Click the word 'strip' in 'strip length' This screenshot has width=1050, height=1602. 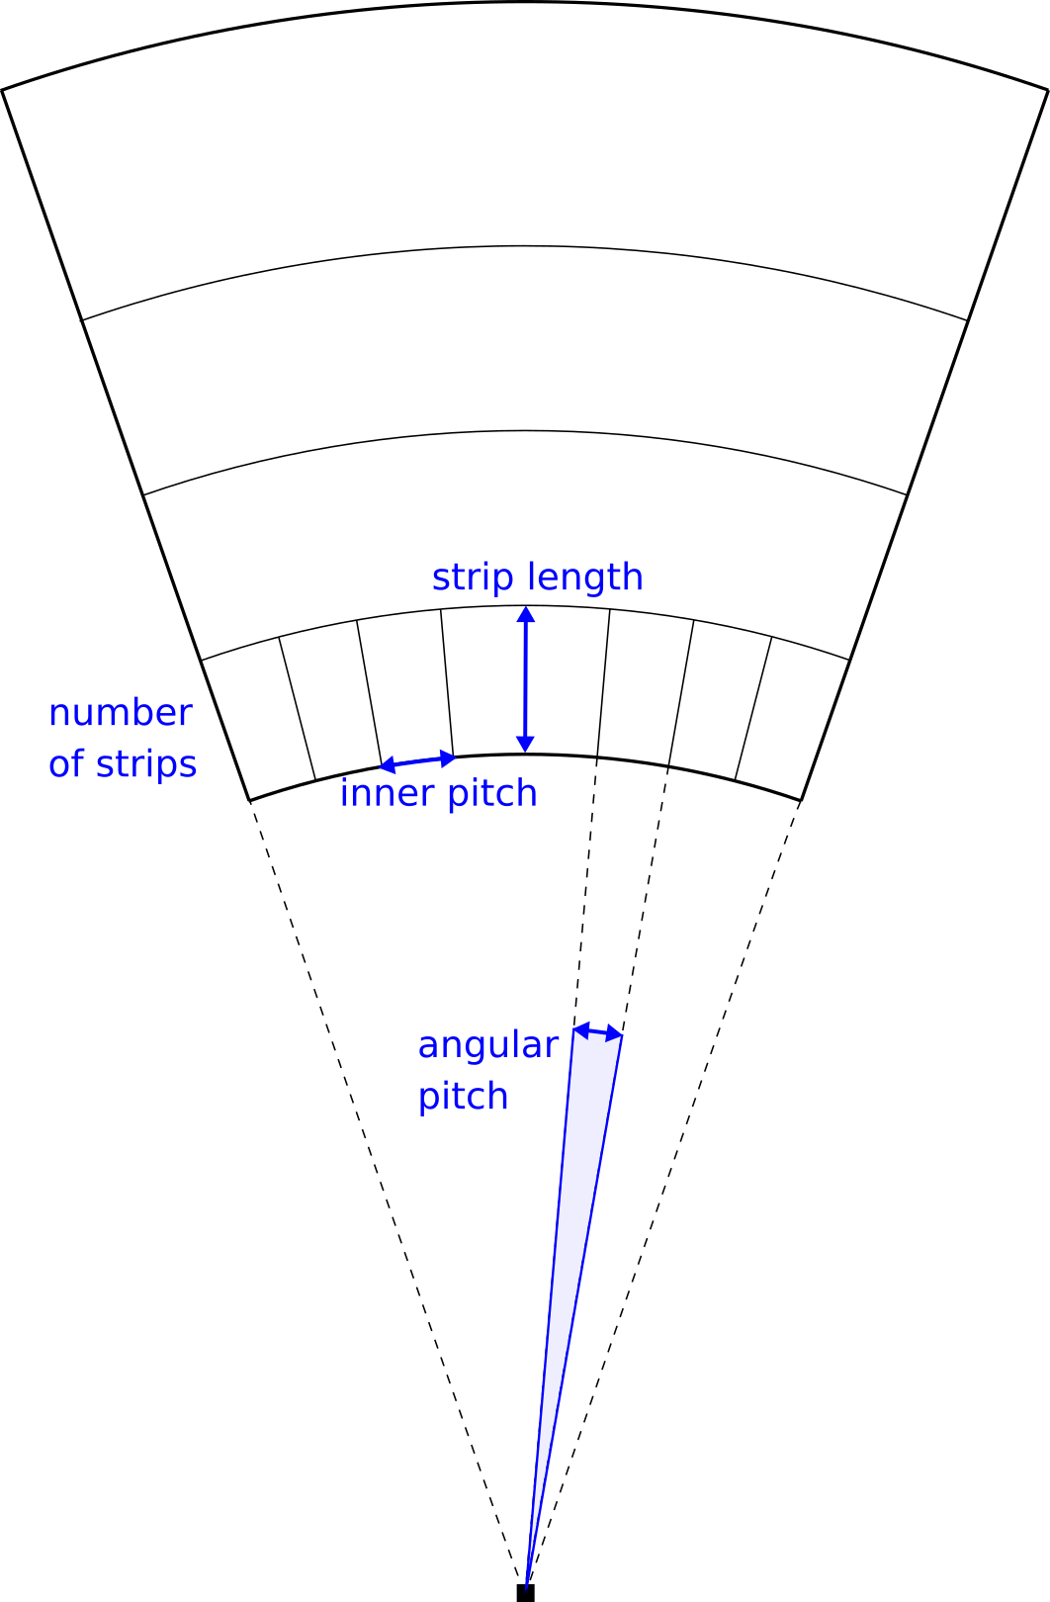[473, 578]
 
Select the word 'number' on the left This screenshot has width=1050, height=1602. [121, 712]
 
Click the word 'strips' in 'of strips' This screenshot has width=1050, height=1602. [146, 764]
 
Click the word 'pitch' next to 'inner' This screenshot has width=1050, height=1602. [492, 794]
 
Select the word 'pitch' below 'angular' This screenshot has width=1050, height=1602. [463, 1097]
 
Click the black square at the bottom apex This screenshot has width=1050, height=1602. [526, 1593]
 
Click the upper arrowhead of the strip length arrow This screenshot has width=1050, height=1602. [526, 614]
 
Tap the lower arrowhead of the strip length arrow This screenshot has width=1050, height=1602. [526, 744]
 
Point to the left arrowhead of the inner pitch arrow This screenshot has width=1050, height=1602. [387, 765]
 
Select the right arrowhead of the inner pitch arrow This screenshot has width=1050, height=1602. [448, 758]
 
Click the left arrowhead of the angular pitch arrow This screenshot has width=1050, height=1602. [580, 1029]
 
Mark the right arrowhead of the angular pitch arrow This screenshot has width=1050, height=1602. [614, 1034]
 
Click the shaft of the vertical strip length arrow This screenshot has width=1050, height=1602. [526, 679]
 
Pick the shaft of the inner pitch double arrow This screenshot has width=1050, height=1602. [417, 761]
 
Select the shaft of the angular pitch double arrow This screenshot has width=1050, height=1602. [597, 1032]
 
